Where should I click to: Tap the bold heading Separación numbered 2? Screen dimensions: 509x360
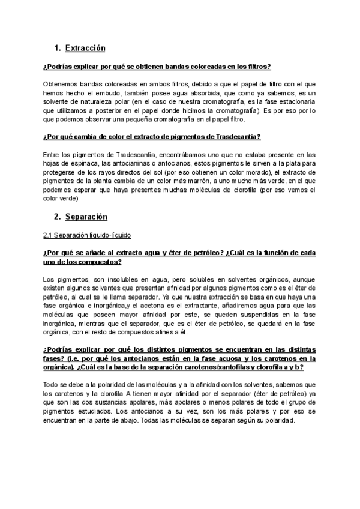point(86,216)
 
